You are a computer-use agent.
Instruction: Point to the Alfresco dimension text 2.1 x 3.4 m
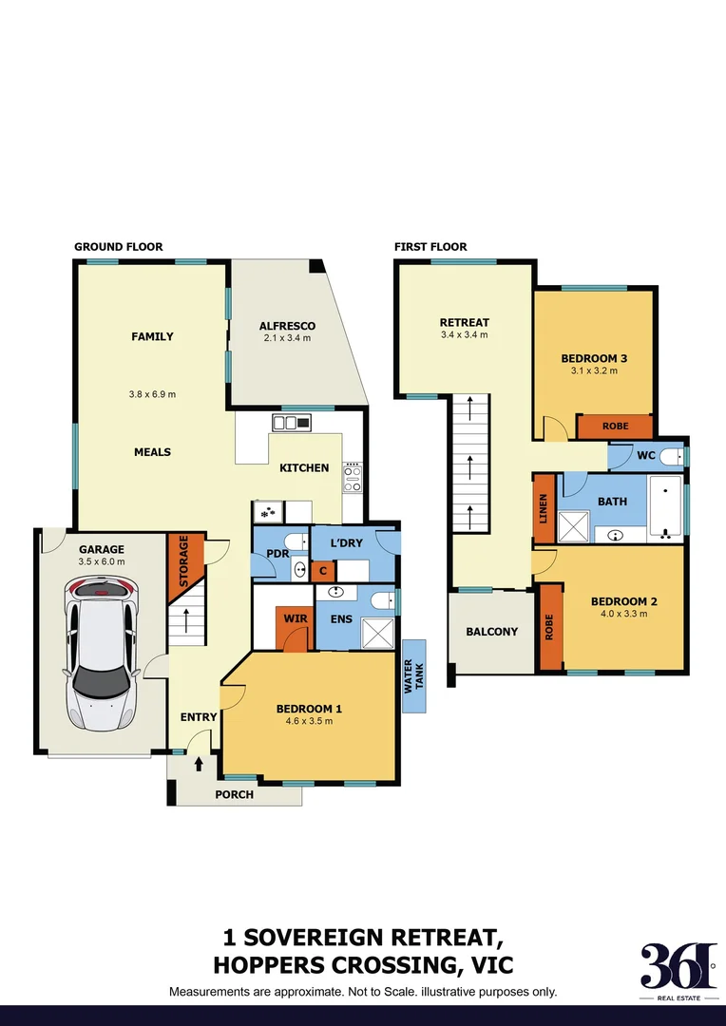287,338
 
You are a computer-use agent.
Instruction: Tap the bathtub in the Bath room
665,506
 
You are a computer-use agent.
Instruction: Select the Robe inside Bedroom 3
615,427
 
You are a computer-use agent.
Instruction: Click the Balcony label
491,632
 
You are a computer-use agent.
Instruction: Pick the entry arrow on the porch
199,763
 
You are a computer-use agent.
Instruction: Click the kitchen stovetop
353,478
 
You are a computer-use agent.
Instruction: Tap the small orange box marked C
323,570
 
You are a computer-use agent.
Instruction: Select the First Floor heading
430,247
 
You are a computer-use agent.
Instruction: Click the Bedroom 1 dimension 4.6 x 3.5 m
309,721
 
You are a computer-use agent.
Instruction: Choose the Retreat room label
464,322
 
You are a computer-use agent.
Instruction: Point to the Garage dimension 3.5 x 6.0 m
102,561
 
